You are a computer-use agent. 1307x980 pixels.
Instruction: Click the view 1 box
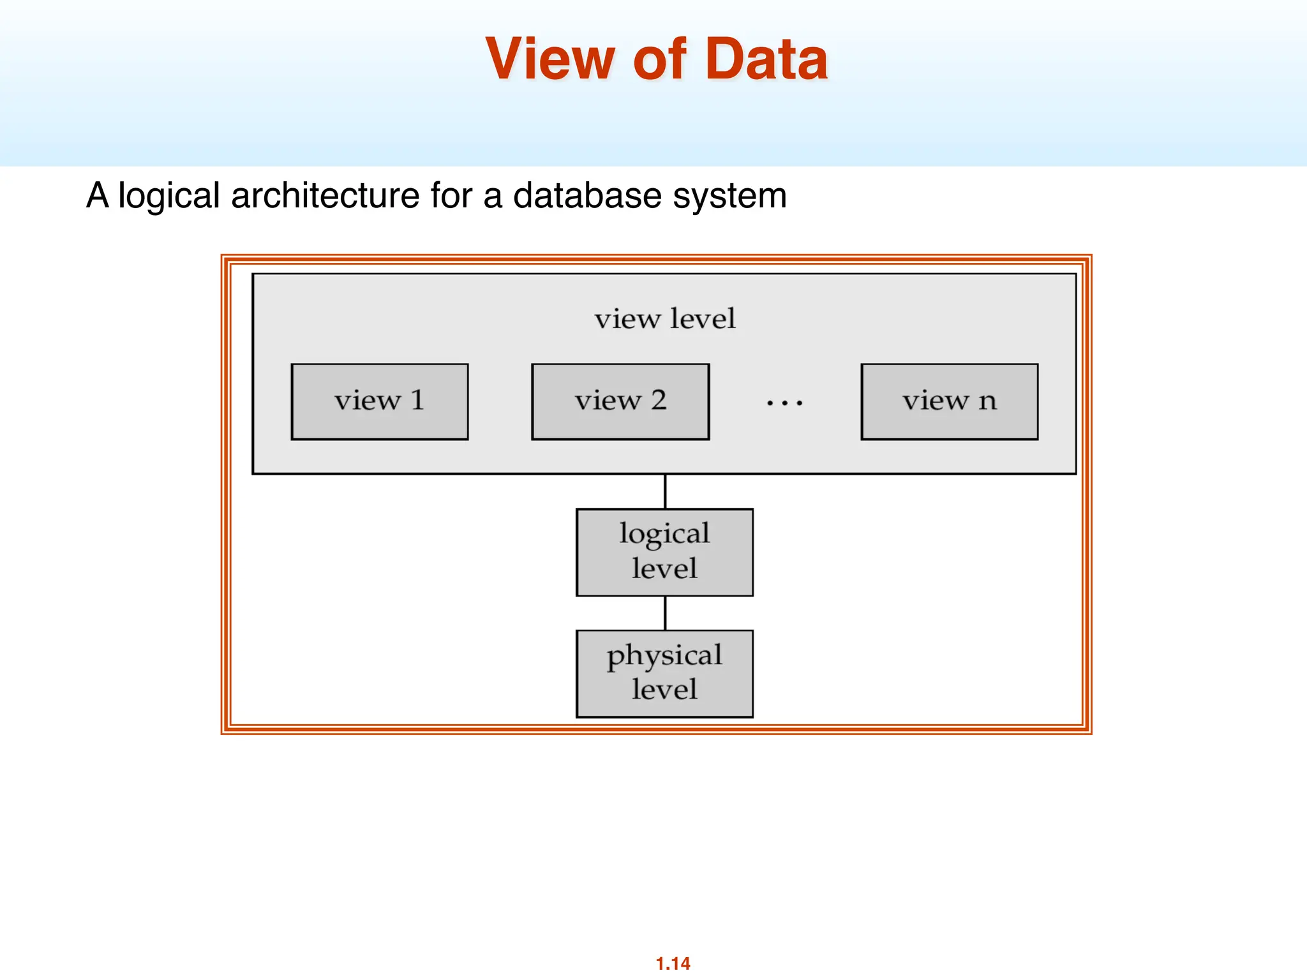point(379,401)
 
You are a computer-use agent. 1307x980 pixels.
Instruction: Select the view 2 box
point(620,401)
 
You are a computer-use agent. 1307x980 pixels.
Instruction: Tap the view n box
point(949,401)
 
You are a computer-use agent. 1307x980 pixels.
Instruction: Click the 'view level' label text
point(665,318)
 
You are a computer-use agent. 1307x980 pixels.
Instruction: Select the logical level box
point(664,552)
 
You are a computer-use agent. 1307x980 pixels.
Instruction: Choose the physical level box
point(664,673)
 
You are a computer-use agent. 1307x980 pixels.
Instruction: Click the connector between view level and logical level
point(665,491)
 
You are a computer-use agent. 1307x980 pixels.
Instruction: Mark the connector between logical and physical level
point(665,613)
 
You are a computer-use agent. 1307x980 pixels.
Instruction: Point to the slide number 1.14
point(673,963)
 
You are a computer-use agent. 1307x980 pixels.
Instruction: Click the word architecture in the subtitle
point(325,195)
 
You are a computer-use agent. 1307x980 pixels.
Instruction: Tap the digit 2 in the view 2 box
point(659,400)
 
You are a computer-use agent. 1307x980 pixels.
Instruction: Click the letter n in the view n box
point(987,401)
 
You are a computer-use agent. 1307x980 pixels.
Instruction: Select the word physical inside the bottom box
point(664,656)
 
